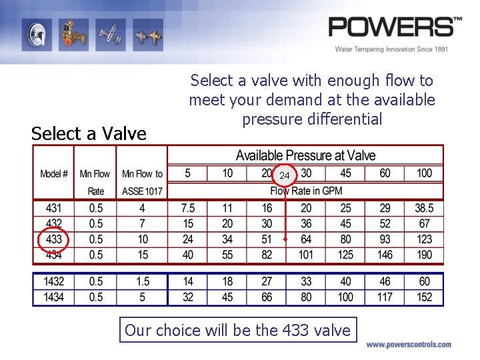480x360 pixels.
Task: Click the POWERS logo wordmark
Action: point(394,27)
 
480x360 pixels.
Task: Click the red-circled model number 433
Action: point(53,239)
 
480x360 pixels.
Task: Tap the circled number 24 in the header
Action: point(285,175)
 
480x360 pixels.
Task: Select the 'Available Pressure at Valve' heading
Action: point(305,155)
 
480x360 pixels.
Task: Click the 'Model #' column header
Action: point(54,174)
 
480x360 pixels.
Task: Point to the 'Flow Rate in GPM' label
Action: point(305,191)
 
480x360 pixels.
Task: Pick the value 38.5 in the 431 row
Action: point(424,208)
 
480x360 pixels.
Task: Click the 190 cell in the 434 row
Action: point(424,255)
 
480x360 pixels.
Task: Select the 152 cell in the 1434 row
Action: point(424,297)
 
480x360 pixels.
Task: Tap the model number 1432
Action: point(54,281)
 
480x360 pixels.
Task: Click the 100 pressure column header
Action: point(424,173)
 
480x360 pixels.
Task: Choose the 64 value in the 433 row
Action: point(306,239)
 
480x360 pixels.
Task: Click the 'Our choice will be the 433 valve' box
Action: point(238,330)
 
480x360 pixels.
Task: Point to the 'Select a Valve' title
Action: point(89,133)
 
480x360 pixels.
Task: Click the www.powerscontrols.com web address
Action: point(408,345)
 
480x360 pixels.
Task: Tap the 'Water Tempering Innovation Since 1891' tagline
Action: point(391,49)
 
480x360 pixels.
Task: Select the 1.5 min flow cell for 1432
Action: point(142,281)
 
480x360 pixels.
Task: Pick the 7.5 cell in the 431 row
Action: point(187,208)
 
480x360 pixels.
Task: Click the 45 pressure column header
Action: point(345,173)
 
